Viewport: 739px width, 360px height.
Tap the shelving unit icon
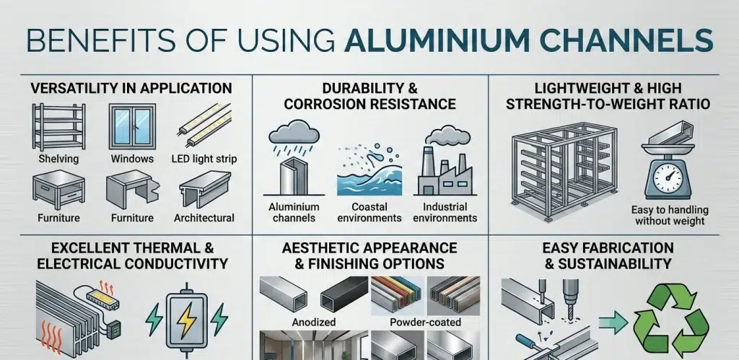pos(59,127)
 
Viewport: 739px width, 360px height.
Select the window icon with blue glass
pos(132,127)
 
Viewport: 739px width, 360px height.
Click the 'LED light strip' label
pos(204,159)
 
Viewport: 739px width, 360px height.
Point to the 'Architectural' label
pos(204,218)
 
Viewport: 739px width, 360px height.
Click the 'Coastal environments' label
pos(369,213)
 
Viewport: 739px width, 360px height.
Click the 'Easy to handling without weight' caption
pos(670,215)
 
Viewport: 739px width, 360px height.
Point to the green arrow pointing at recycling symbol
pos(613,322)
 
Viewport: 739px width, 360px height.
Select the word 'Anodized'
pos(314,322)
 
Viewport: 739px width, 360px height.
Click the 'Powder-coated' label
pos(426,322)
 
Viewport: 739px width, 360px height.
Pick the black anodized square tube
pos(344,293)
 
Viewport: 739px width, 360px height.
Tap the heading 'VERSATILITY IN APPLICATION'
pos(131,88)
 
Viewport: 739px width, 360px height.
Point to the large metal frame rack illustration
pos(564,170)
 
